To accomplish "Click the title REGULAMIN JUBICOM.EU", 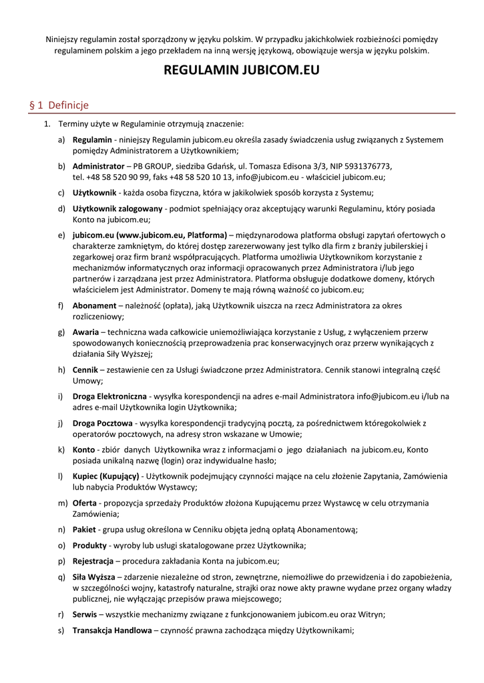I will click(x=242, y=70).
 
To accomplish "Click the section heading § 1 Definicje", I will click(x=59, y=105).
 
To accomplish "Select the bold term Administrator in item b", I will click(x=97, y=166).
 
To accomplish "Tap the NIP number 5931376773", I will click(x=367, y=166).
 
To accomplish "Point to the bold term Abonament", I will click(x=95, y=305).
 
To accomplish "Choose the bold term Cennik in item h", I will click(x=85, y=370).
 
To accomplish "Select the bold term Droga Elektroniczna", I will click(x=109, y=396).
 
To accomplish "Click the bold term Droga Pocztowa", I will click(x=102, y=423).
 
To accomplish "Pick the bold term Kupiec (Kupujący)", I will click(x=105, y=476).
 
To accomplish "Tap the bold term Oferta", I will click(x=85, y=502).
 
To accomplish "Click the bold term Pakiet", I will click(x=85, y=530).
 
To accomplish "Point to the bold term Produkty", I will click(x=89, y=546).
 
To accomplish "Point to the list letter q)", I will click(x=61, y=576).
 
